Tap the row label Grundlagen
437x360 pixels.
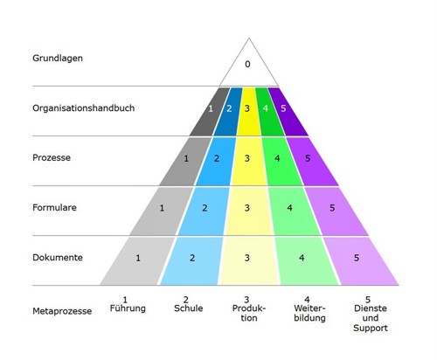coord(58,59)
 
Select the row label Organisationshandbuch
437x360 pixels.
coord(84,108)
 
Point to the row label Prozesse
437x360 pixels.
coord(52,157)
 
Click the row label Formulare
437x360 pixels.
coord(54,207)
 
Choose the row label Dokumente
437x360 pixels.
coord(58,258)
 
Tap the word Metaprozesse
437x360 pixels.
coord(62,311)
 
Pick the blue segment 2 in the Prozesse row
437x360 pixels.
coord(216,161)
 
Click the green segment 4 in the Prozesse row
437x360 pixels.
coord(281,161)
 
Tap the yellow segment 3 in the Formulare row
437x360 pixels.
coord(248,211)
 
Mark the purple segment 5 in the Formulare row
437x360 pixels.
coord(335,211)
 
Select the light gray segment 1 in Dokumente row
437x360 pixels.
coord(138,261)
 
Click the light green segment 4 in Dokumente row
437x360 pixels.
coord(306,261)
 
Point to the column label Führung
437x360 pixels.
coord(128,308)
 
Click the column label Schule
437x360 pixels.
coord(189,308)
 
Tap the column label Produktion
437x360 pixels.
coord(249,313)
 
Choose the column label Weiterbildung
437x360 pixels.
coord(309,313)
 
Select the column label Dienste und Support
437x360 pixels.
coord(371,318)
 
